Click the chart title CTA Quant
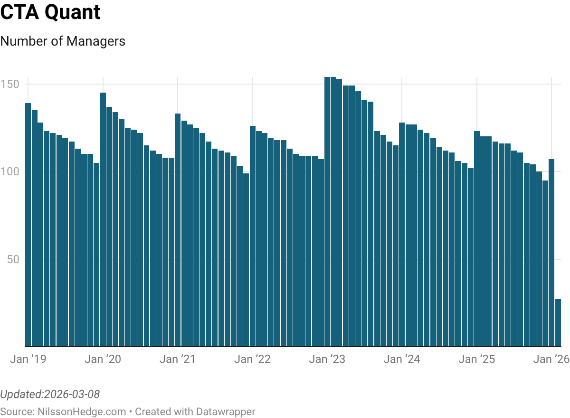click(50, 13)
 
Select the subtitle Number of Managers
click(63, 41)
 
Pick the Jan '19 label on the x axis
click(28, 359)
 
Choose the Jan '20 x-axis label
click(103, 359)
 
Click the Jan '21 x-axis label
click(178, 359)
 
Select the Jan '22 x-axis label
click(252, 359)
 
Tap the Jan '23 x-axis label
click(327, 359)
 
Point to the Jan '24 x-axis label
click(402, 359)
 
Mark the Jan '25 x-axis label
click(476, 359)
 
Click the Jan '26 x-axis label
click(551, 359)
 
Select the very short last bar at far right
click(558, 323)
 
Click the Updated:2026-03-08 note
click(50, 394)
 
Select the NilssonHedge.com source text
click(82, 411)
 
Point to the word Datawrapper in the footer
click(228, 411)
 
